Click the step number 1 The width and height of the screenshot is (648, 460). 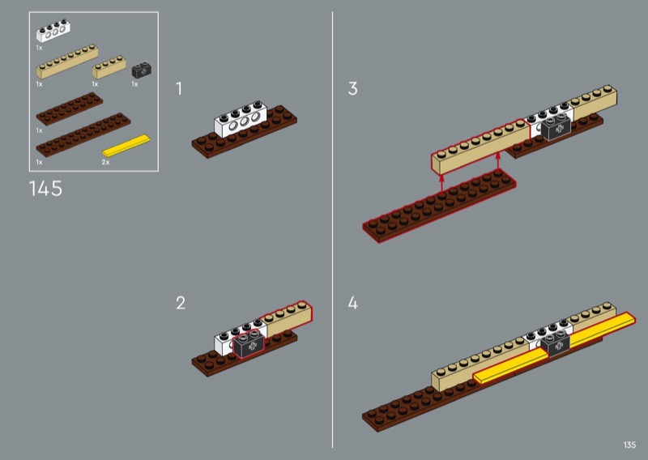tap(180, 89)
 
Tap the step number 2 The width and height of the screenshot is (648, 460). tap(181, 304)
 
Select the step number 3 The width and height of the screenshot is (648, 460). tap(352, 89)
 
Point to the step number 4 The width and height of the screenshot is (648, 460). tap(352, 304)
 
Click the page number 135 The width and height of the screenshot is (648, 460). tap(629, 445)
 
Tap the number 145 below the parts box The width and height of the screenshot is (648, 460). tap(45, 190)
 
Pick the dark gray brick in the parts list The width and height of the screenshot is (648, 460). tap(141, 70)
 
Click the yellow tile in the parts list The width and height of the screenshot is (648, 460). tap(126, 147)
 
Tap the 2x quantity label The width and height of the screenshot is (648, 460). tap(105, 162)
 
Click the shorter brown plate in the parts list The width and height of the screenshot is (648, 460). tap(70, 109)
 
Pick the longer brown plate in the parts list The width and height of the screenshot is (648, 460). tap(83, 134)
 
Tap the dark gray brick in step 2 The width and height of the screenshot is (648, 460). tap(249, 344)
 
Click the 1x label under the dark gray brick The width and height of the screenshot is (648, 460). tap(134, 83)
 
